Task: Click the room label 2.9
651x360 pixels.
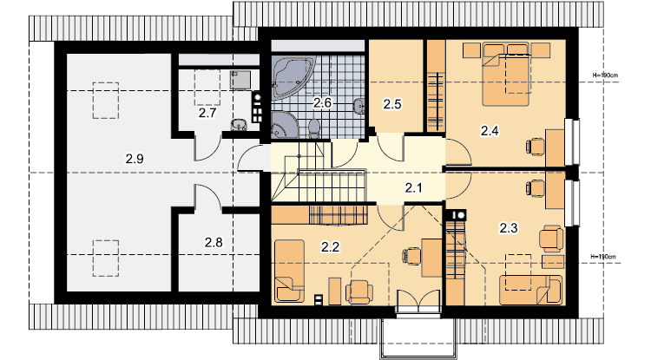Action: click(x=135, y=159)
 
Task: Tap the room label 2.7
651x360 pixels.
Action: click(x=207, y=113)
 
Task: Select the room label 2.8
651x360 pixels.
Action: click(x=214, y=242)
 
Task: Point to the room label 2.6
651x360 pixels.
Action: click(x=322, y=102)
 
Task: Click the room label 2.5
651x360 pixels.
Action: click(x=392, y=104)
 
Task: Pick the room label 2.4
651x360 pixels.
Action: click(x=490, y=131)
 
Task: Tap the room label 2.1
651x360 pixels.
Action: click(x=413, y=188)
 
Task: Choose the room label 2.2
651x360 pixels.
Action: click(x=330, y=246)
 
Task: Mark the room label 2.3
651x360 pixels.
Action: click(x=508, y=227)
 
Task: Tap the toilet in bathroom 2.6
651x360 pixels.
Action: click(x=314, y=127)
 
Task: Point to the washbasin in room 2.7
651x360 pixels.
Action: click(x=238, y=124)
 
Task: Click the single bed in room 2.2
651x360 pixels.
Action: click(x=289, y=271)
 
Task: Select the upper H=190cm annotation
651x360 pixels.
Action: click(x=605, y=75)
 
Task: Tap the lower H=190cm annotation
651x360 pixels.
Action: click(x=603, y=257)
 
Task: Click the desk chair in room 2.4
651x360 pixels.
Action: click(x=536, y=147)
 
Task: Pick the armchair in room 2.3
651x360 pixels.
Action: click(x=551, y=239)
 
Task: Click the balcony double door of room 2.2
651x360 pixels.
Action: click(x=418, y=301)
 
